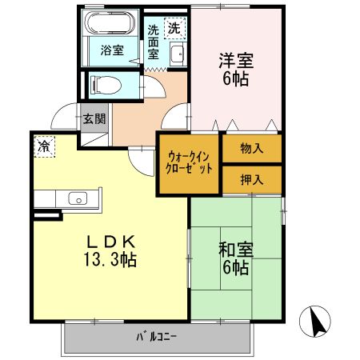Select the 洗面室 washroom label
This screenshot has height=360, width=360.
(154, 43)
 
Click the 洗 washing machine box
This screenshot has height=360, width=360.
(174, 28)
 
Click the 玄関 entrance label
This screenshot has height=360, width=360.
(94, 119)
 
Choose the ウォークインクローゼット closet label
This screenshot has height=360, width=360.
(190, 164)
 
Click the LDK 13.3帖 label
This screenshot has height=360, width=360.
(111, 249)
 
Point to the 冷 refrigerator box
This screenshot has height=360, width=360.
(44, 148)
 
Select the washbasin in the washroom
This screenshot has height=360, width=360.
(178, 56)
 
